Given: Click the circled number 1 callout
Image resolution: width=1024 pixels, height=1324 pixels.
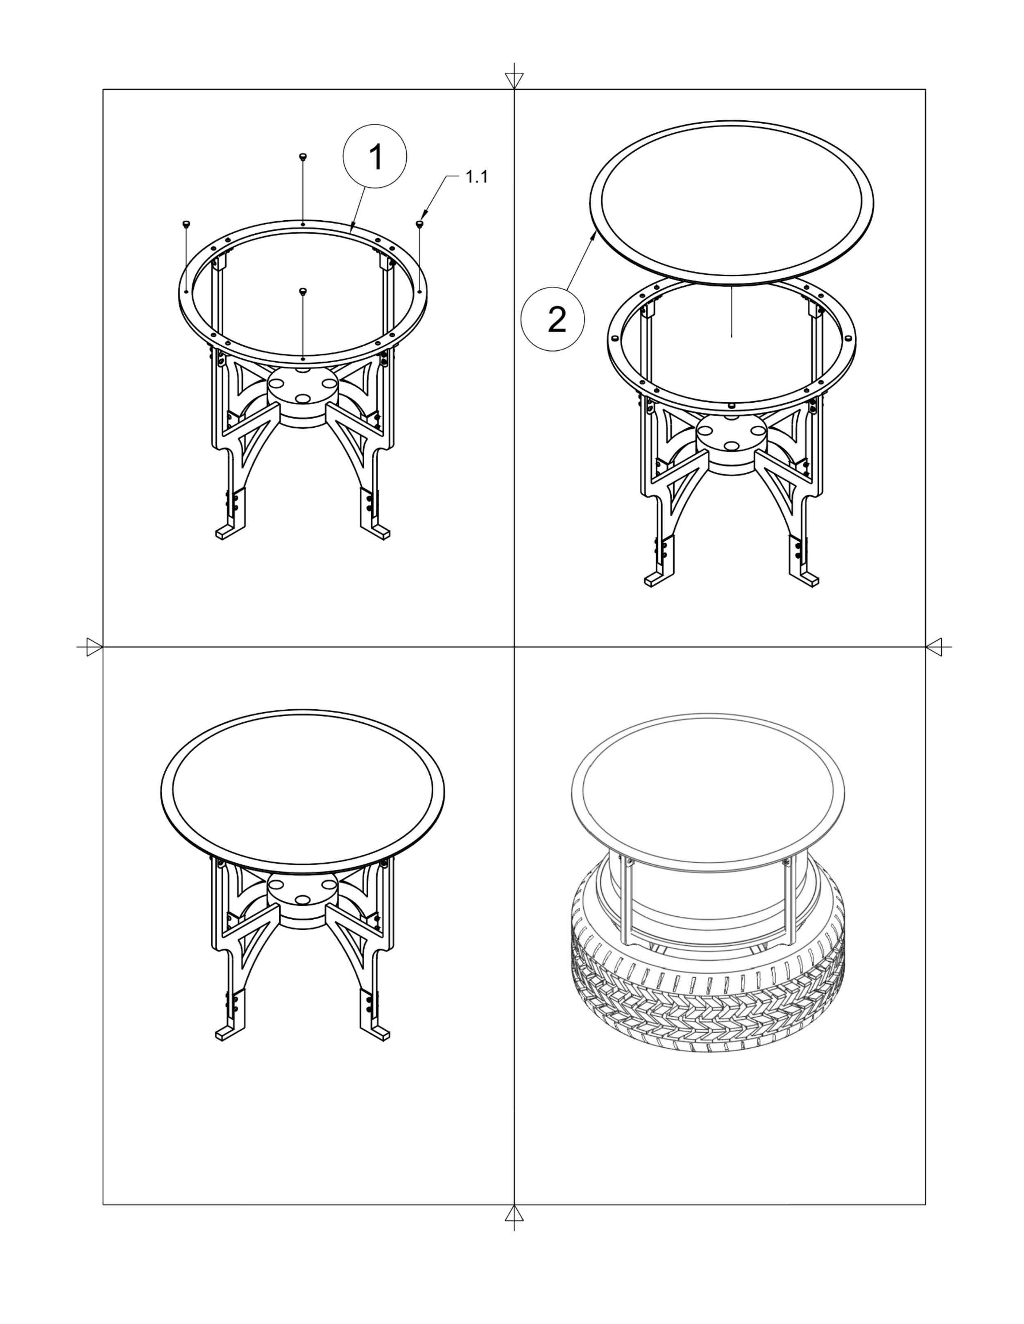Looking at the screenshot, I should point(375,158).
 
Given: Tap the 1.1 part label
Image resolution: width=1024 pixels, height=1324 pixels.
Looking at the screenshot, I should point(476,177).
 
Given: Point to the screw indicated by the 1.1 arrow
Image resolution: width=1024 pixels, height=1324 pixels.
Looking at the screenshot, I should point(419,224).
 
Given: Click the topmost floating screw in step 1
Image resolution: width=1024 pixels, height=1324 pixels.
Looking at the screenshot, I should point(303,157).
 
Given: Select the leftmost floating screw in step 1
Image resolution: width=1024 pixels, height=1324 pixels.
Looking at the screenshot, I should point(186,224).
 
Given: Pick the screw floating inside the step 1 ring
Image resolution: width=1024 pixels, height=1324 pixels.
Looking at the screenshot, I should point(303,291).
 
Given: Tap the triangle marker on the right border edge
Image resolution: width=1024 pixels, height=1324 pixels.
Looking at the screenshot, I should point(934,647).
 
